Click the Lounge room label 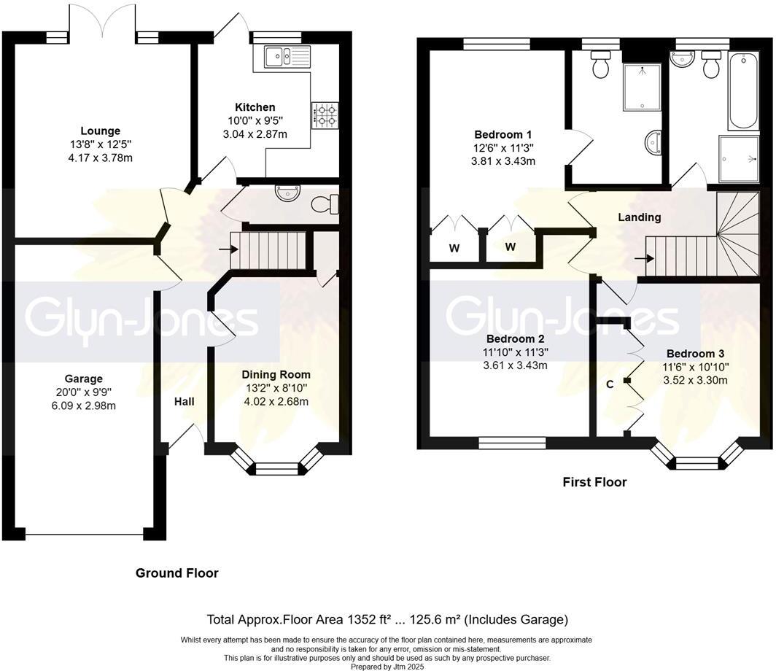tap(101, 131)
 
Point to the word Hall tap(184, 401)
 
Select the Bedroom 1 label tap(503, 134)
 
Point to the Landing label tap(639, 217)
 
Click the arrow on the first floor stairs tap(643, 258)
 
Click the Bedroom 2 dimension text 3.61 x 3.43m tap(516, 365)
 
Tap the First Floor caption tap(594, 482)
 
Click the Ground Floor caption tap(176, 573)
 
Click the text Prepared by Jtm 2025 tap(387, 666)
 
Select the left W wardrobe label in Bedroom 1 tap(454, 249)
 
